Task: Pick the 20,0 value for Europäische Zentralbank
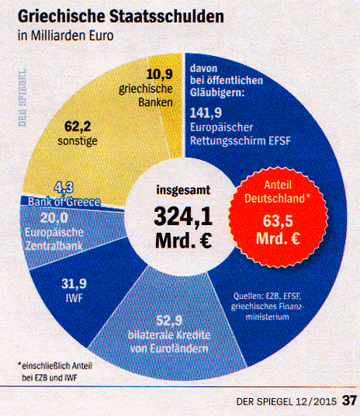coord(54,217)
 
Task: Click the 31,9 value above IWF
coord(74,281)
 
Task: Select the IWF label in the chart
coord(74,296)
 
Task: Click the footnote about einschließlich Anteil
coord(53,372)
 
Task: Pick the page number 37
coord(348,401)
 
